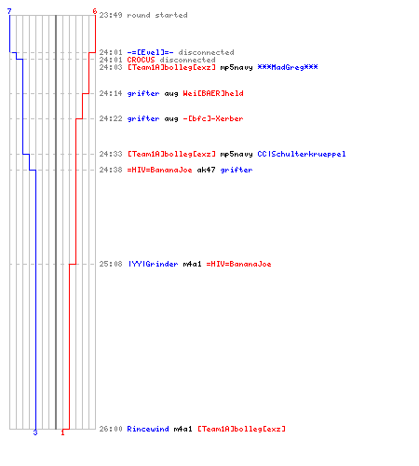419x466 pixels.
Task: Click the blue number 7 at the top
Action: pos(9,11)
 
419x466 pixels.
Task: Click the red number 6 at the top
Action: pos(95,11)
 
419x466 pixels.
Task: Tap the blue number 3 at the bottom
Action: pos(35,432)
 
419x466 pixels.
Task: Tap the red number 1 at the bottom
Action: pos(62,432)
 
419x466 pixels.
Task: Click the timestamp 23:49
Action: pos(111,15)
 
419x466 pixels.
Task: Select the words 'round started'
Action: pos(157,15)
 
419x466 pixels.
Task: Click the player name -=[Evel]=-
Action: pos(150,52)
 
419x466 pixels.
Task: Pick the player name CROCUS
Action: pos(141,60)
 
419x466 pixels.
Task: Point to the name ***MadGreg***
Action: pos(288,67)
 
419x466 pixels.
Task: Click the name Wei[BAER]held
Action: pos(213,93)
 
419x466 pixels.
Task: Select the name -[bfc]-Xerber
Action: pos(213,118)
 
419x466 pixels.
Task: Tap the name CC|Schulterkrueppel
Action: pos(302,154)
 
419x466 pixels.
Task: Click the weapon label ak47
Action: pos(206,170)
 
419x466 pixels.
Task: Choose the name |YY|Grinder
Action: pos(153,264)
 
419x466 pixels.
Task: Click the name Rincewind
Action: pos(148,429)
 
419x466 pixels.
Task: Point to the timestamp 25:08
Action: pos(111,264)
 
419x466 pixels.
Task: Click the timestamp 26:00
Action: pos(111,429)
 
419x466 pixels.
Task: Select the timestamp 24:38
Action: pos(111,170)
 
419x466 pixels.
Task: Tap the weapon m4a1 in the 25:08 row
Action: pos(192,264)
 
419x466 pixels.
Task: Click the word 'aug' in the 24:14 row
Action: pos(171,94)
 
